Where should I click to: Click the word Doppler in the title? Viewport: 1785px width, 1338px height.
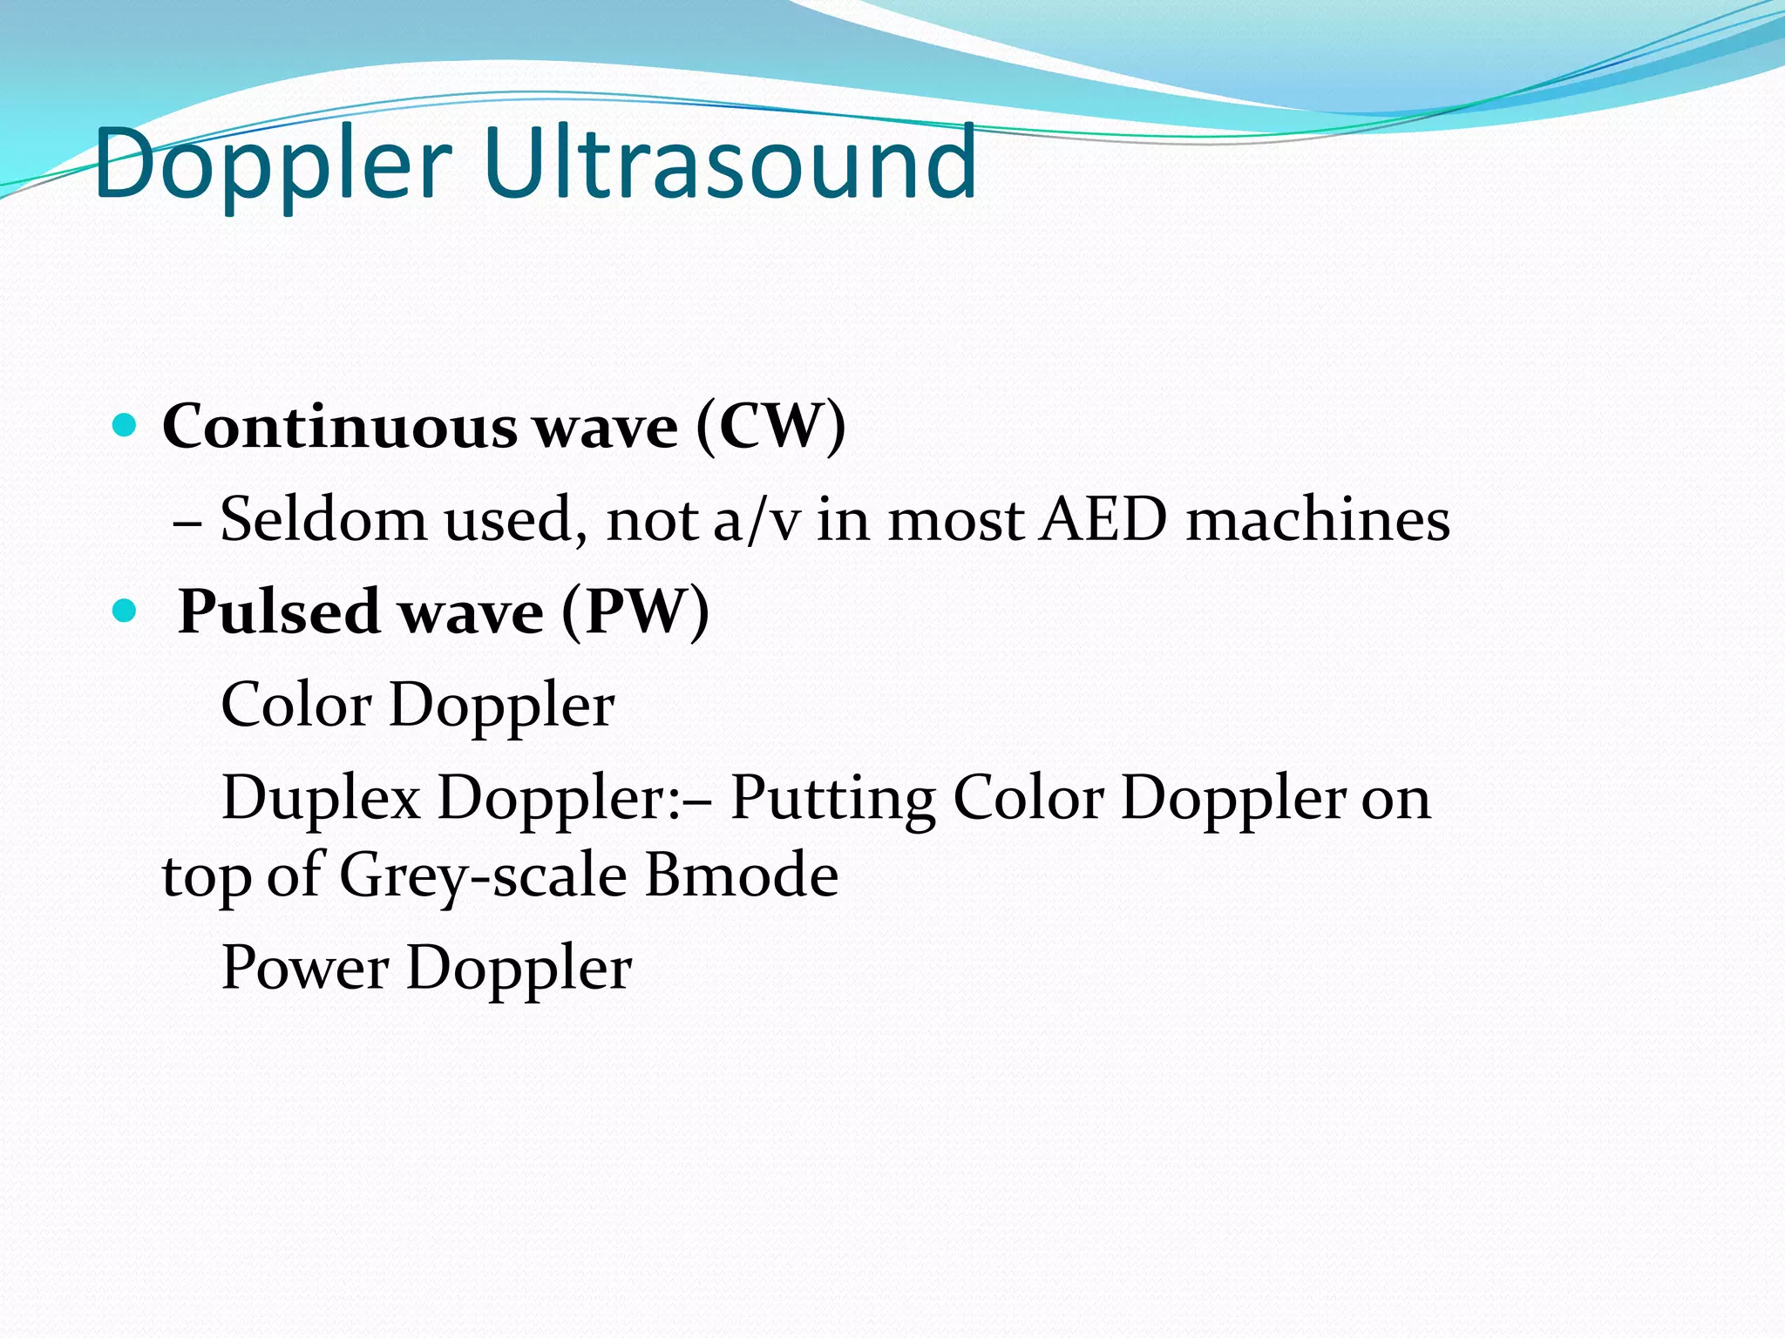pos(273,164)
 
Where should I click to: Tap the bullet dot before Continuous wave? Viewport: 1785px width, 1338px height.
pos(126,426)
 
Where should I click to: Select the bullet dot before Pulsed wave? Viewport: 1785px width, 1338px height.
pos(126,611)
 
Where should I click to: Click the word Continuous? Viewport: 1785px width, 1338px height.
pos(340,427)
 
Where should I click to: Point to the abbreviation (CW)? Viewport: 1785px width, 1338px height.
pos(770,427)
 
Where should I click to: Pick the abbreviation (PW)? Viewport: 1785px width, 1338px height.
pos(635,612)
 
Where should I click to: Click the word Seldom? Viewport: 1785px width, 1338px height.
pos(322,520)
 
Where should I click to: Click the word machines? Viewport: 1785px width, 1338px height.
pos(1318,520)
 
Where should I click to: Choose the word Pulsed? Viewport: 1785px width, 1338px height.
pos(278,612)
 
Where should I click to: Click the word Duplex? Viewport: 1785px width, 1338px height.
pos(321,799)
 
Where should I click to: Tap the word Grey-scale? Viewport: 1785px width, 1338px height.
pos(482,875)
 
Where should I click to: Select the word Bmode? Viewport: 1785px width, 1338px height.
pos(742,875)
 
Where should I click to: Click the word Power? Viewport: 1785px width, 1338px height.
pos(305,968)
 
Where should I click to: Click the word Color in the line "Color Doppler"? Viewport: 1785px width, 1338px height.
pos(296,705)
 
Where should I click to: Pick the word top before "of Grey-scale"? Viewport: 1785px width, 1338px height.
pos(206,876)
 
